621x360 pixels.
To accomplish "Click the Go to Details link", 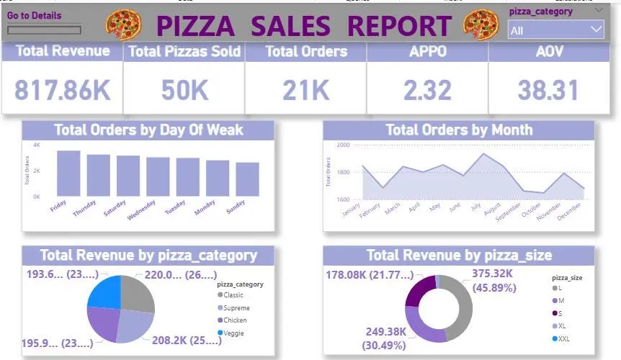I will (34, 15).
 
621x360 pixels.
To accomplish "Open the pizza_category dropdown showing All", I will (555, 30).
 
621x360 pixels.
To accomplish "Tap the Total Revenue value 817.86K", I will (63, 90).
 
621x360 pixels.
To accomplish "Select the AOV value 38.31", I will (548, 90).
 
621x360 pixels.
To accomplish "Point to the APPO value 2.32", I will (427, 90).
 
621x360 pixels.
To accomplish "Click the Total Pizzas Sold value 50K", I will (184, 90).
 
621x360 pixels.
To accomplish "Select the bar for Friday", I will (68, 173).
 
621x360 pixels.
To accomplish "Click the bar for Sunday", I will (247, 179).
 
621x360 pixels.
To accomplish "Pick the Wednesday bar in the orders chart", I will (158, 176).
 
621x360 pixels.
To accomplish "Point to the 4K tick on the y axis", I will (37, 145).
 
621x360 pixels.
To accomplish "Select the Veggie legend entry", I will (235, 333).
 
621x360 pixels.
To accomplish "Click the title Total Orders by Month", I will (459, 130).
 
